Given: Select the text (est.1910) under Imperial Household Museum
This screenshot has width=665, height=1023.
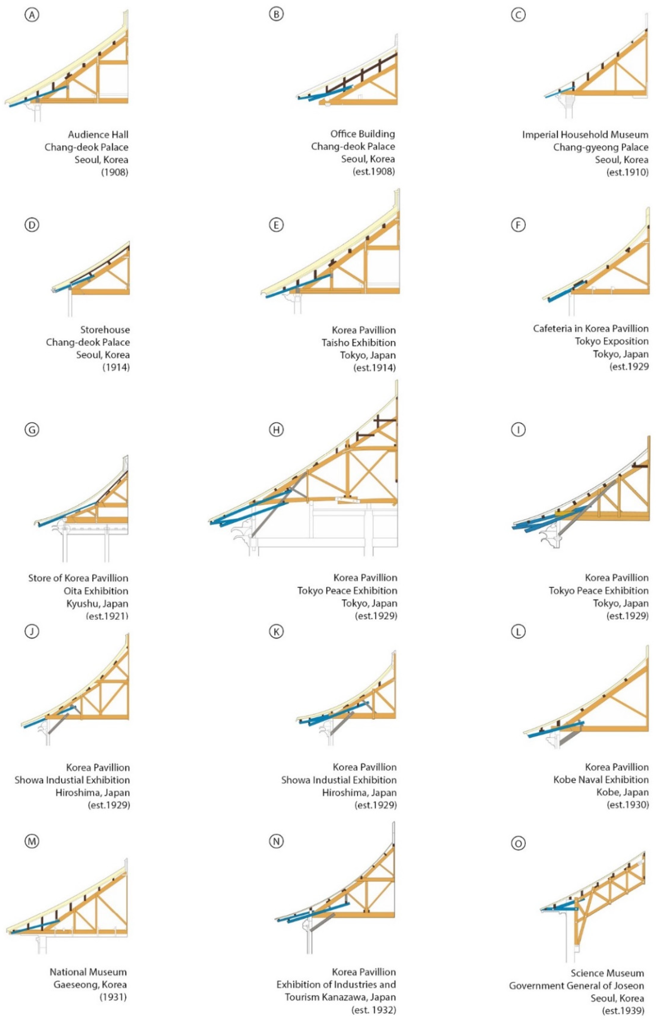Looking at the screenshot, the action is (x=627, y=172).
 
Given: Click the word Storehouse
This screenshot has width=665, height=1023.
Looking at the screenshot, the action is (x=105, y=330).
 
